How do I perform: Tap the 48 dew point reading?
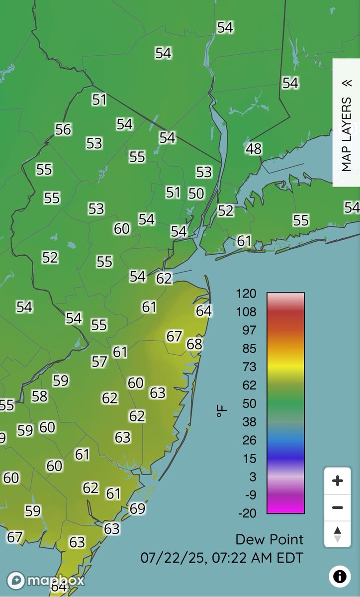coord(254,149)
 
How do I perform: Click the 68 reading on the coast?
coord(194,344)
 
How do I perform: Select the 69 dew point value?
coord(137,508)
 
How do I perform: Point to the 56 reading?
coord(63,129)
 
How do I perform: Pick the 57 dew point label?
coord(99,361)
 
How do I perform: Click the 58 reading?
coord(40,396)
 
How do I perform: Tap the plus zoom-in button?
coord(337,481)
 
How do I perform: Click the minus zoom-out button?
coord(337,507)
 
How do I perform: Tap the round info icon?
coord(340,576)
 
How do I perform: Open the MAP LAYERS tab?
coord(346,122)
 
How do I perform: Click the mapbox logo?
coord(46,580)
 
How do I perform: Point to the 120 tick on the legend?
coord(247,294)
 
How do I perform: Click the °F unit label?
coord(221,411)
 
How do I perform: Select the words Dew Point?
coord(269,539)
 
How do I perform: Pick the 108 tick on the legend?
coord(247,312)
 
